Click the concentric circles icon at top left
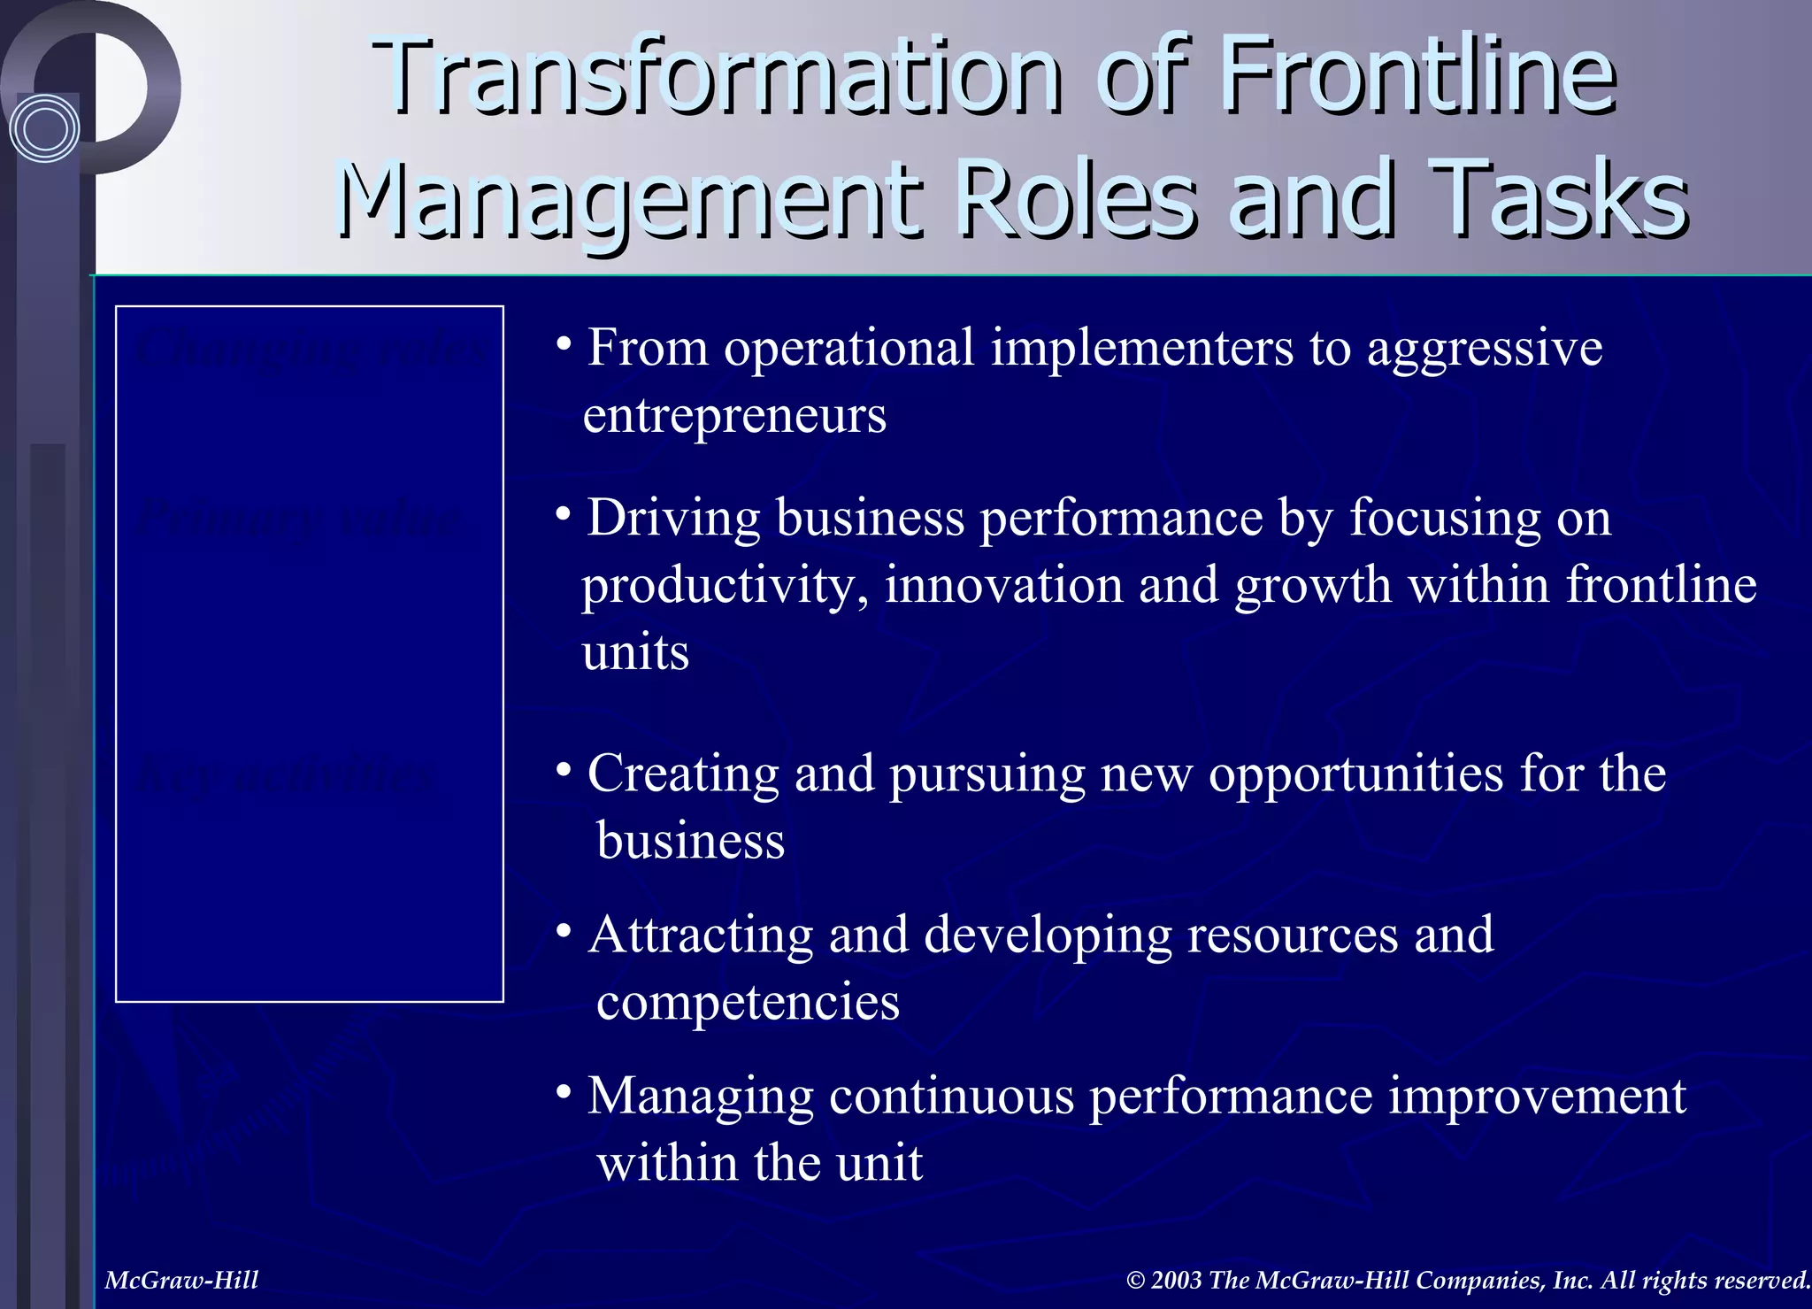click(44, 129)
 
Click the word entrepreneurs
click(734, 415)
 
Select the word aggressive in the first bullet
click(1485, 348)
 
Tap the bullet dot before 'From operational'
click(563, 344)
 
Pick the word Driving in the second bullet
click(673, 518)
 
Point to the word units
click(635, 653)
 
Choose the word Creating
click(683, 774)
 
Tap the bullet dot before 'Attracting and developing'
click(563, 931)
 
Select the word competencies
click(748, 1002)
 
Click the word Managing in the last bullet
click(700, 1097)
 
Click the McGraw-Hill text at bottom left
click(181, 1280)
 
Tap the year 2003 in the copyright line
click(1176, 1280)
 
